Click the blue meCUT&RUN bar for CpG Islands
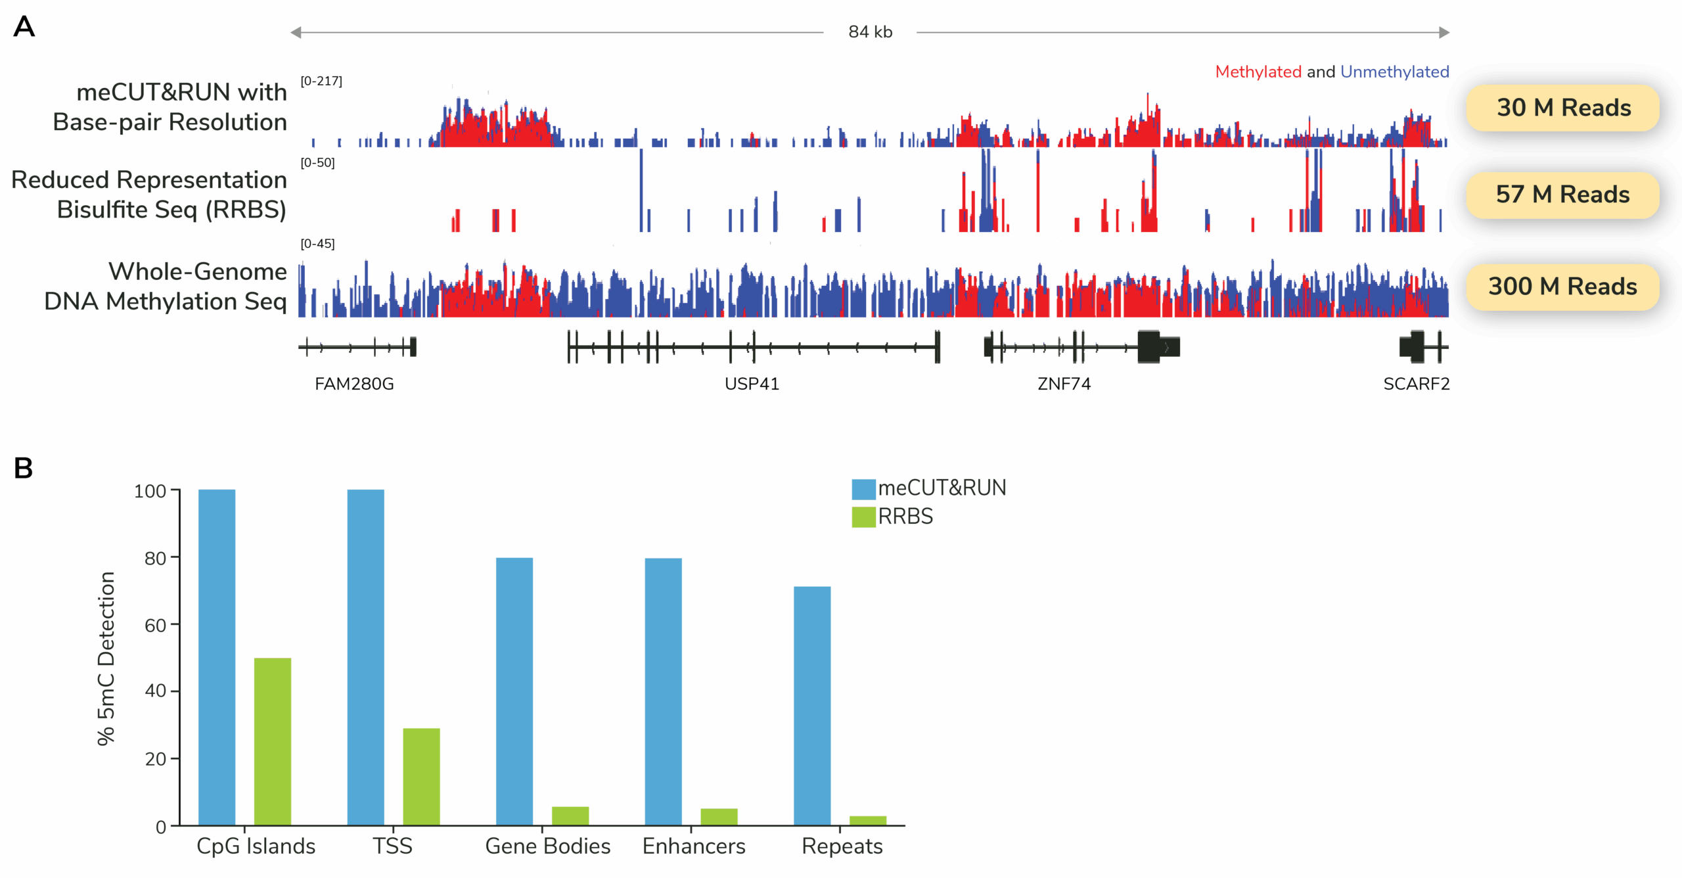[x=217, y=657]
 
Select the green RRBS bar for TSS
[x=421, y=777]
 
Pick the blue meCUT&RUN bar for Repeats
[x=812, y=706]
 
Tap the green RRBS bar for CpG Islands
[x=273, y=741]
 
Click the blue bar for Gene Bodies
[x=514, y=691]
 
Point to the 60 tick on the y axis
[x=156, y=625]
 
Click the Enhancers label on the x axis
[x=694, y=846]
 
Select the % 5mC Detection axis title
[x=106, y=658]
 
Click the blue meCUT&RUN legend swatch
[x=863, y=489]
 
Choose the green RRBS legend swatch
[x=863, y=517]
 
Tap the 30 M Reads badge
[x=1563, y=108]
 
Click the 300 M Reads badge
[x=1562, y=287]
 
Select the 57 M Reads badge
[x=1562, y=195]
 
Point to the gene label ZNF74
[x=1064, y=384]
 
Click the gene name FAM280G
[x=354, y=384]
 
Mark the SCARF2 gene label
[x=1416, y=384]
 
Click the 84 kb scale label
[x=870, y=32]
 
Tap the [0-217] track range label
[x=321, y=81]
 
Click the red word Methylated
[x=1258, y=72]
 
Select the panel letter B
[x=24, y=469]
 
